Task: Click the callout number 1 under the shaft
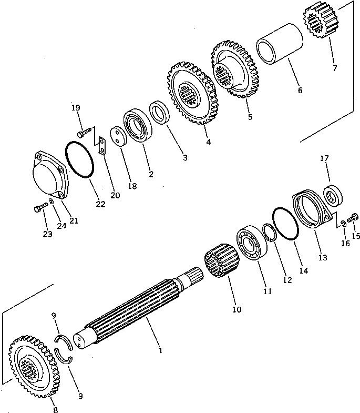click(x=161, y=350)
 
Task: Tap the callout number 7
click(x=335, y=68)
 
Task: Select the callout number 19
click(x=76, y=108)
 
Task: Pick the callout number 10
click(x=236, y=309)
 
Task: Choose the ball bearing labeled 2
click(x=138, y=126)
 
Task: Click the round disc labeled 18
click(x=119, y=137)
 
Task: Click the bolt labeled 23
click(x=39, y=208)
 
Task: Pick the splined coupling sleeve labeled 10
click(x=221, y=263)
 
